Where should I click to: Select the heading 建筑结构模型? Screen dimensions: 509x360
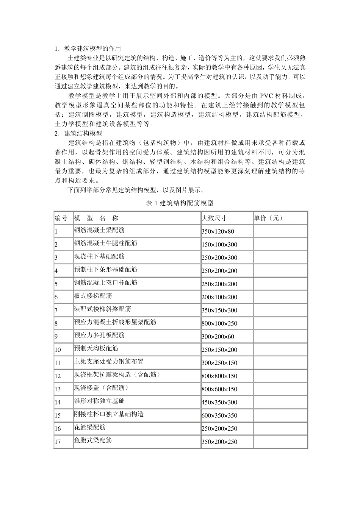(83, 134)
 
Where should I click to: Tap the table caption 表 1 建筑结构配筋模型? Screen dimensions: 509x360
(180, 203)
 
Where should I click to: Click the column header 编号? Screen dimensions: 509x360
(61, 218)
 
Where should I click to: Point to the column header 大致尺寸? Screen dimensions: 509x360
(214, 218)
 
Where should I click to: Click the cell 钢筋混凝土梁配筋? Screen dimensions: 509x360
(99, 230)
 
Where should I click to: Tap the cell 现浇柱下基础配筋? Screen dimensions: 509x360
(99, 256)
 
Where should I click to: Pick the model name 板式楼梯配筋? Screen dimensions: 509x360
(93, 296)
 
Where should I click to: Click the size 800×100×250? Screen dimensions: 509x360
(219, 323)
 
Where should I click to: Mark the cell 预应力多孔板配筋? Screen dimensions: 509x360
(99, 335)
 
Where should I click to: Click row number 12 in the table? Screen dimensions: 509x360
(58, 376)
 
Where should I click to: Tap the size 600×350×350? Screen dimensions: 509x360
(219, 415)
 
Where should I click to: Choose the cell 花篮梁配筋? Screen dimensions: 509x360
(90, 427)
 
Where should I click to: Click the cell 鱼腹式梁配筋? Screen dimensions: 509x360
(93, 440)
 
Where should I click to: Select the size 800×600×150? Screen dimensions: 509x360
(219, 389)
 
